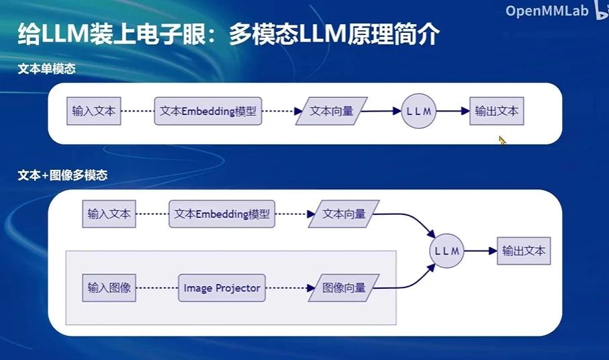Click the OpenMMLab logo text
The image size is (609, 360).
click(547, 11)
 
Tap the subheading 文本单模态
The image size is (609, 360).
click(46, 69)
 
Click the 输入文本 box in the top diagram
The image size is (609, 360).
click(94, 111)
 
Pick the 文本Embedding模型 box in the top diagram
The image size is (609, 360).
click(208, 111)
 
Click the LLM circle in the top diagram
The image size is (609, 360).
click(419, 111)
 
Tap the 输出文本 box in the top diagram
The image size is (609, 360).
click(497, 111)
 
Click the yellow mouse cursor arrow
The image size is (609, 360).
click(502, 140)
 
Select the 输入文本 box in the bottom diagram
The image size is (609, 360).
click(109, 214)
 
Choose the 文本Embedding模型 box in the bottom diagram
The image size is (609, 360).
click(222, 214)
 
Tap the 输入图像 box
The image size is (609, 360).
click(109, 288)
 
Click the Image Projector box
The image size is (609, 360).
click(222, 288)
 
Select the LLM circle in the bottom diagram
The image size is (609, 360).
click(447, 251)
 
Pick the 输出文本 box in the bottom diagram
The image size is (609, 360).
click(524, 251)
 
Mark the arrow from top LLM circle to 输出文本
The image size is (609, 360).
click(453, 111)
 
